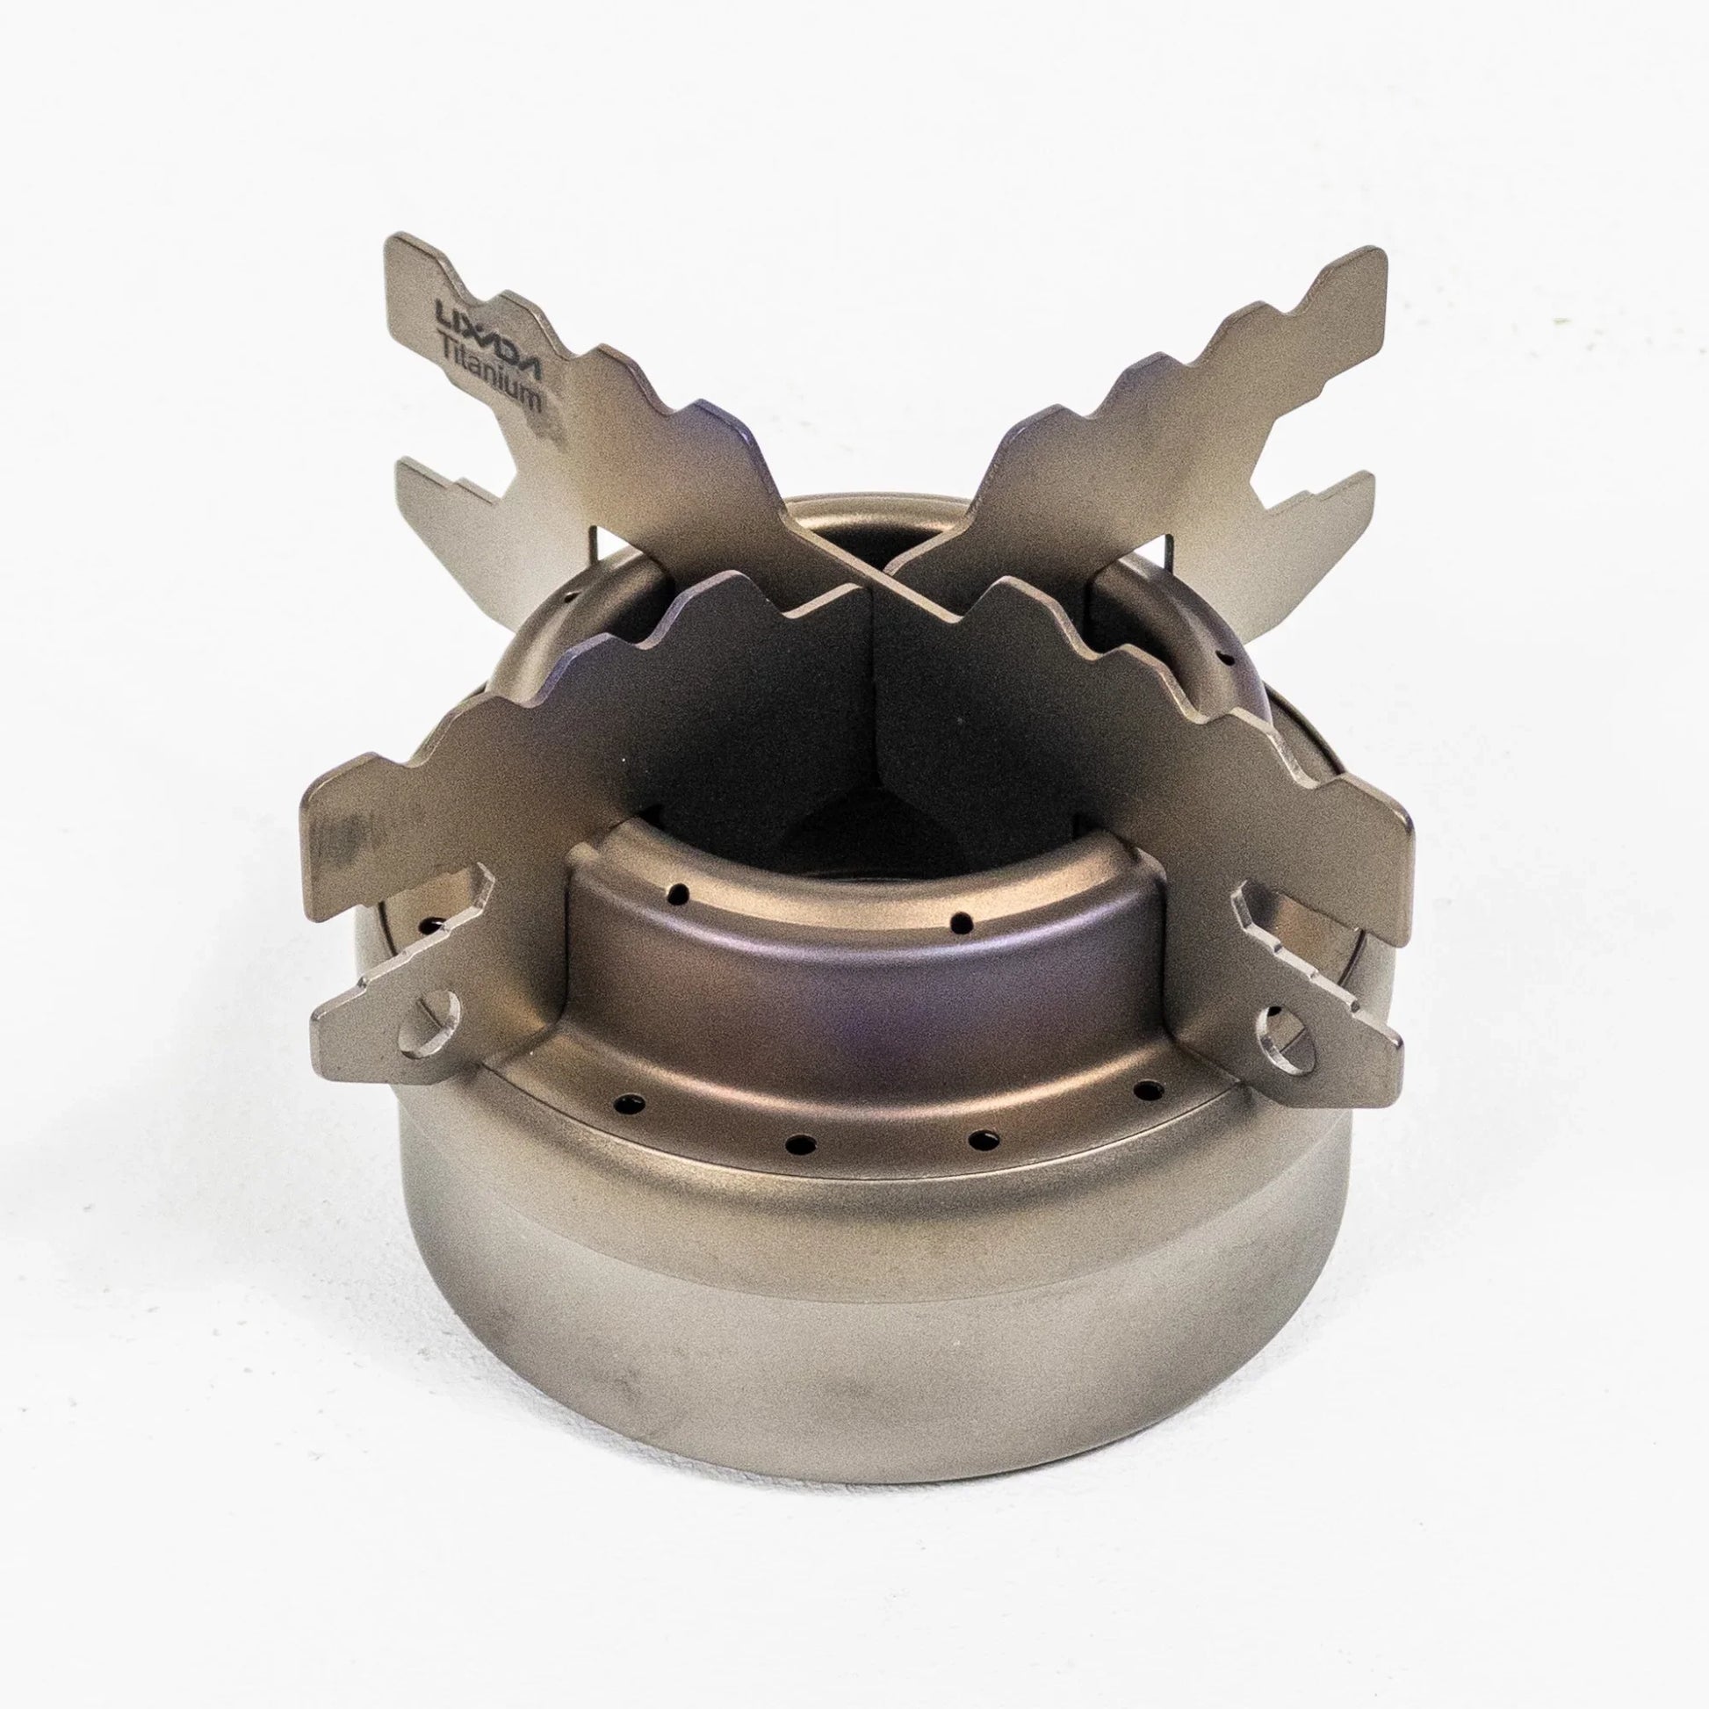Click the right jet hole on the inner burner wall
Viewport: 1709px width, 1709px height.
pos(960,922)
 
